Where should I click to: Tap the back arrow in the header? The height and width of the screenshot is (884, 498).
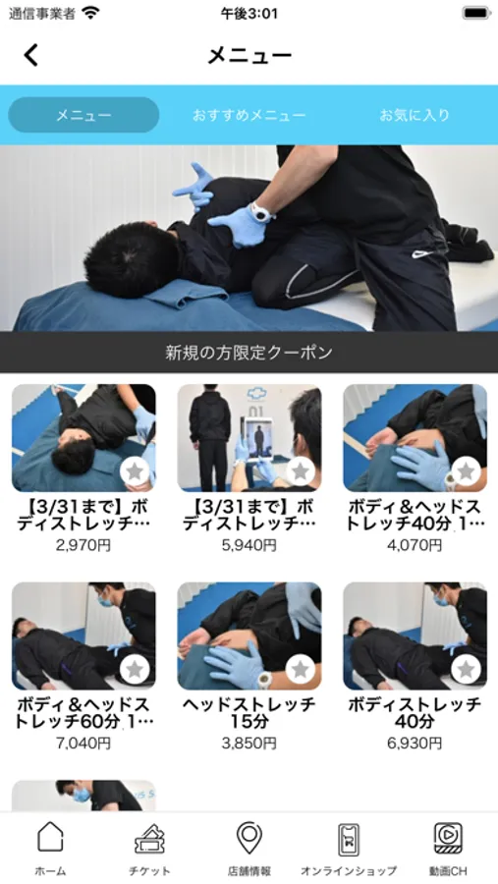31,55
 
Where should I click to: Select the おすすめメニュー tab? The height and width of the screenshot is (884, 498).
249,116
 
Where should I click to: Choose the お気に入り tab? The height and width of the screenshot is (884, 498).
415,115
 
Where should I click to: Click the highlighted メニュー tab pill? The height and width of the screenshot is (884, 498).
83,115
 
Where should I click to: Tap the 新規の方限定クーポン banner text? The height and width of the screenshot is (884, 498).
249,353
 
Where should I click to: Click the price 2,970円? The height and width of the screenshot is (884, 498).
83,545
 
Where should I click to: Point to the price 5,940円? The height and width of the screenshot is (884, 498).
249,545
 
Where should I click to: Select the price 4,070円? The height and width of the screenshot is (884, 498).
415,545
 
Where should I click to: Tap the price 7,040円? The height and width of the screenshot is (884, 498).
83,744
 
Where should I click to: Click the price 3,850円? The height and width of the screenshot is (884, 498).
249,744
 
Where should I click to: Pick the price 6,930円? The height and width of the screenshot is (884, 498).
415,744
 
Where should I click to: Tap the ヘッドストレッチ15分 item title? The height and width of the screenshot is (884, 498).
249,713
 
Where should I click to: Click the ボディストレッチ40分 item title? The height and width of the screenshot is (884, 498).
415,713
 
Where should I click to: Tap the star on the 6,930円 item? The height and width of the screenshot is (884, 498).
466,669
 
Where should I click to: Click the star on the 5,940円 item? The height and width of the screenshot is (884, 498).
301,471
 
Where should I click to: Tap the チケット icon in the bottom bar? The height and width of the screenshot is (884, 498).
149,839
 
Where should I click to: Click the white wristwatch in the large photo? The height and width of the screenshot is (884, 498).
261,212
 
